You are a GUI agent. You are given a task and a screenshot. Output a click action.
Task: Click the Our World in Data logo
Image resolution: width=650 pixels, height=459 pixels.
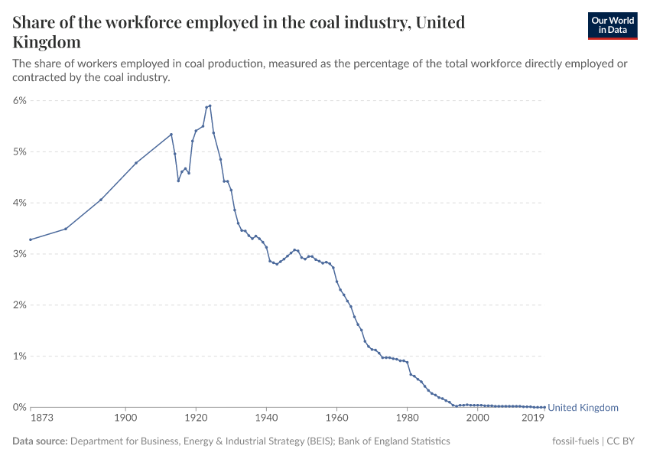(x=612, y=25)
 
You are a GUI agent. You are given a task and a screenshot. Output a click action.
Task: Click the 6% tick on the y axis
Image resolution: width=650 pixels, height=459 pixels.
(x=20, y=100)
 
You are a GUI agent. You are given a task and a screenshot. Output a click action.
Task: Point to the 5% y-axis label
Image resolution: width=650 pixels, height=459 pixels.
(x=20, y=151)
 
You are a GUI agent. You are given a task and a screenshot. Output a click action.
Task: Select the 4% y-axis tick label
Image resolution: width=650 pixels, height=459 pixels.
(x=20, y=203)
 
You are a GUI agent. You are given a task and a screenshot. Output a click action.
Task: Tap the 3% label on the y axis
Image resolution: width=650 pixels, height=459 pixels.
(x=20, y=254)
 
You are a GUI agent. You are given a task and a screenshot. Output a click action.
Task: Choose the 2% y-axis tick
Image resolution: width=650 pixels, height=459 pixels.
(x=20, y=305)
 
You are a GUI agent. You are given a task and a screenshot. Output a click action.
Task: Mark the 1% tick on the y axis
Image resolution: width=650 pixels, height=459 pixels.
(x=20, y=356)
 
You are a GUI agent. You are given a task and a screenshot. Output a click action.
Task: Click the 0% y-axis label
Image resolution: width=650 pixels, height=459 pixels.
(x=20, y=408)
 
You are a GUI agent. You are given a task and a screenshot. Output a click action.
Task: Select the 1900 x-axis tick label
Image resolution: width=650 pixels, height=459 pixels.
(x=125, y=418)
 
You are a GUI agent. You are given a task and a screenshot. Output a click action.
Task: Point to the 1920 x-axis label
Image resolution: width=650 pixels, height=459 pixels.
(x=196, y=418)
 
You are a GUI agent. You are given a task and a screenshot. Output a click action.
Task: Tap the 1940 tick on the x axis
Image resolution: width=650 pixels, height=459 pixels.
(x=266, y=418)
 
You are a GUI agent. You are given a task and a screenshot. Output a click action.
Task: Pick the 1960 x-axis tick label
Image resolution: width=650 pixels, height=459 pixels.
(x=336, y=418)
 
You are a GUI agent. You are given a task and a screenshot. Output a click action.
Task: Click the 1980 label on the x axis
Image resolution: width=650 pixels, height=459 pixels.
(x=407, y=418)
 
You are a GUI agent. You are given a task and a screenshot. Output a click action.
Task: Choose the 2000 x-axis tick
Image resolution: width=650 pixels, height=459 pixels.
(x=477, y=418)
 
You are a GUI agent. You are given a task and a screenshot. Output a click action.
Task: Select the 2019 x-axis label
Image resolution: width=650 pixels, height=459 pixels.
(x=533, y=418)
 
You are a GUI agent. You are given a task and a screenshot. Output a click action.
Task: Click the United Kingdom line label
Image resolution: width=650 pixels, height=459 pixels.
(x=583, y=408)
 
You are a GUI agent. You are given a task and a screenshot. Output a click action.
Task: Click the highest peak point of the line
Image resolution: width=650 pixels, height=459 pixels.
(x=210, y=106)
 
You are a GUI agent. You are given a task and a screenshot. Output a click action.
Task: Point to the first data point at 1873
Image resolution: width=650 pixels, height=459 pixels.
(x=31, y=239)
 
